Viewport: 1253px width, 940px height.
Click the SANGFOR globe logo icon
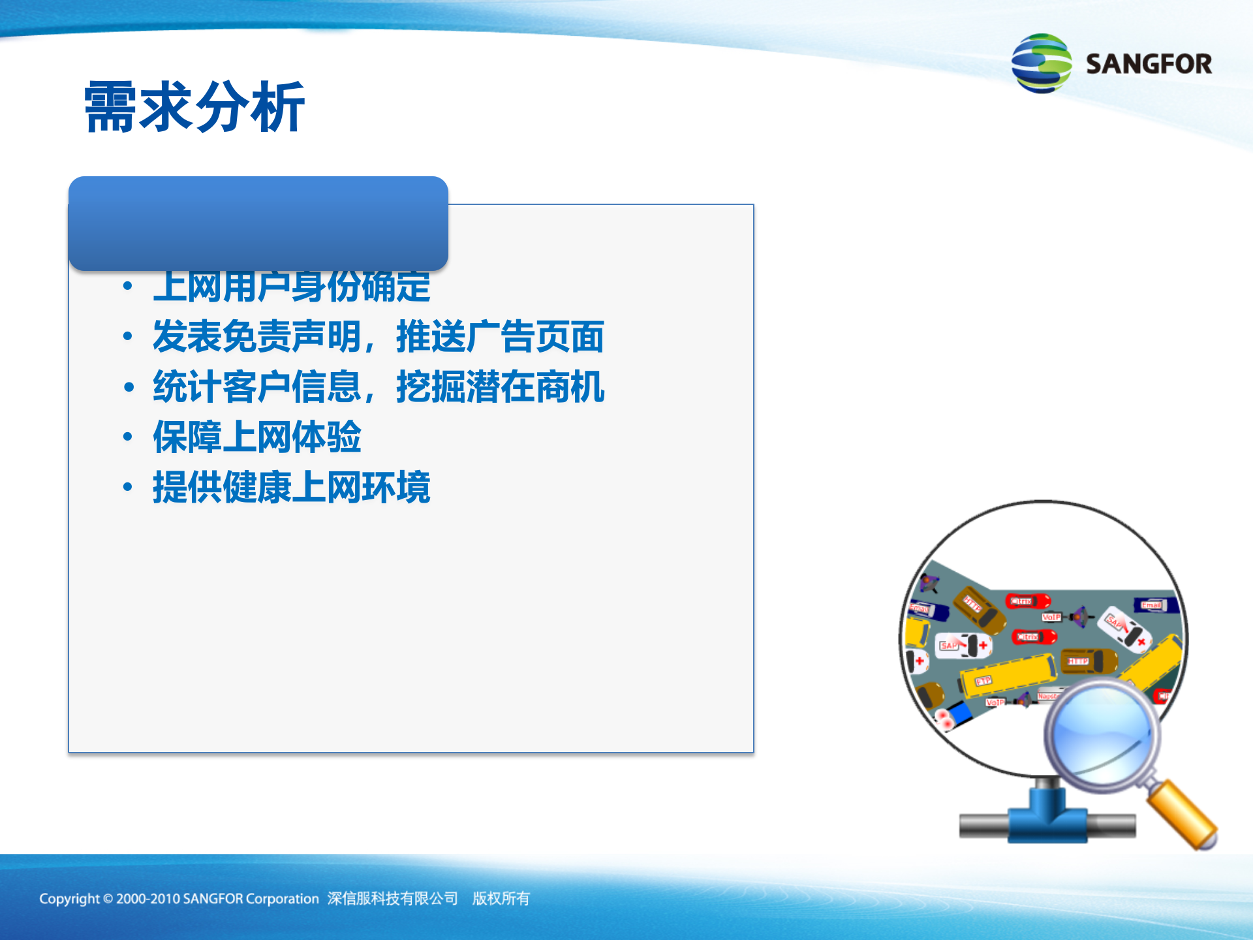coord(1042,63)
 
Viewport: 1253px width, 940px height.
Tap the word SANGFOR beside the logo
coord(1149,64)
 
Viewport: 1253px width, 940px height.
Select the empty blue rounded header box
coord(258,223)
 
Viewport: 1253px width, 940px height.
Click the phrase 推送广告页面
coord(500,337)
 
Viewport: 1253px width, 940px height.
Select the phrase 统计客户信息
coord(256,387)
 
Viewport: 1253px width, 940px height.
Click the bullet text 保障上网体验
coord(256,437)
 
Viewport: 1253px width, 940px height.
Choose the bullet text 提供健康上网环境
coord(292,488)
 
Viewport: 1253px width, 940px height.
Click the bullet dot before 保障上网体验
coord(128,437)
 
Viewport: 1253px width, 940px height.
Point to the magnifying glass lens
coord(1103,734)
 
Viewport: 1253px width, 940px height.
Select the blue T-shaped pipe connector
coord(1047,816)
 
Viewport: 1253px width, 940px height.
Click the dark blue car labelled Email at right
coord(1155,606)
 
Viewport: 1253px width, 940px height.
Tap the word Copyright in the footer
coord(69,899)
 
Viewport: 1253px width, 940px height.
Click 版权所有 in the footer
coord(501,899)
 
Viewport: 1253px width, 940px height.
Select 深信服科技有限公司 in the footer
coord(392,899)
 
